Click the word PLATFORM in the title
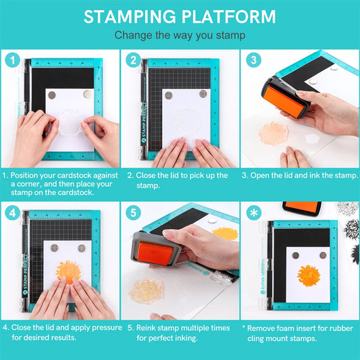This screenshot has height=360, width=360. [226, 17]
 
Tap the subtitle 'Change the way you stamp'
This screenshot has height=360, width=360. [180, 35]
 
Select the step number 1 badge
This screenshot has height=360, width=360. [12, 60]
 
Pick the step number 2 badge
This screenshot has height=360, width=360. [132, 60]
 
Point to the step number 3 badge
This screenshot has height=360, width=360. [253, 60]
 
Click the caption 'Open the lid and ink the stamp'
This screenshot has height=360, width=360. [300, 175]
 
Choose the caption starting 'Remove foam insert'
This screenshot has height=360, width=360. [300, 332]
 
